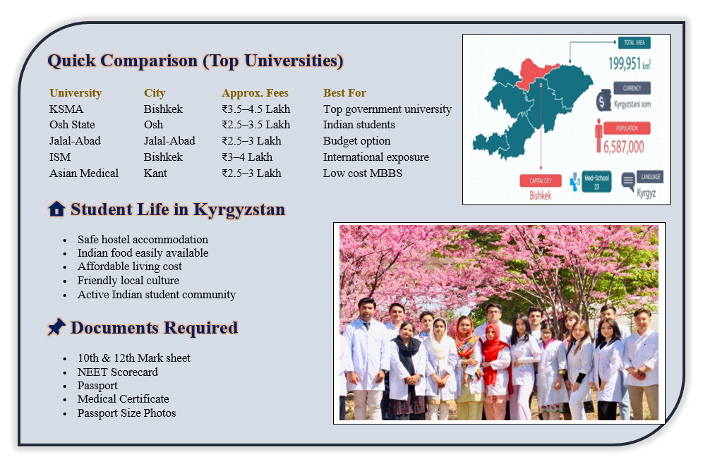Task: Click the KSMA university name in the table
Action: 66,109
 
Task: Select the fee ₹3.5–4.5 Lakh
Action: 256,109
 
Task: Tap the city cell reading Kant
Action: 155,173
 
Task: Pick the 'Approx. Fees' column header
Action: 255,93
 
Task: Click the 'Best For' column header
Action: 344,92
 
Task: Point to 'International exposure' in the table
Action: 376,157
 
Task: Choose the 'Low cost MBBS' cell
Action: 363,173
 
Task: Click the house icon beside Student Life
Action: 57,209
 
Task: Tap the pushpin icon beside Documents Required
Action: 56,327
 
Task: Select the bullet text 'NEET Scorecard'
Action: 117,372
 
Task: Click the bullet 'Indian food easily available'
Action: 143,253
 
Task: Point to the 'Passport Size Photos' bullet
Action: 126,413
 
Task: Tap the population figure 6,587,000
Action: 624,147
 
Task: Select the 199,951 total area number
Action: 625,63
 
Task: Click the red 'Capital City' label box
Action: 541,181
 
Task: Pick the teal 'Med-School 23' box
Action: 596,181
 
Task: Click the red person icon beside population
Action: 599,135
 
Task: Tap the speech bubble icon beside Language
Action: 628,181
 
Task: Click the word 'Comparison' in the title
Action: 149,61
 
